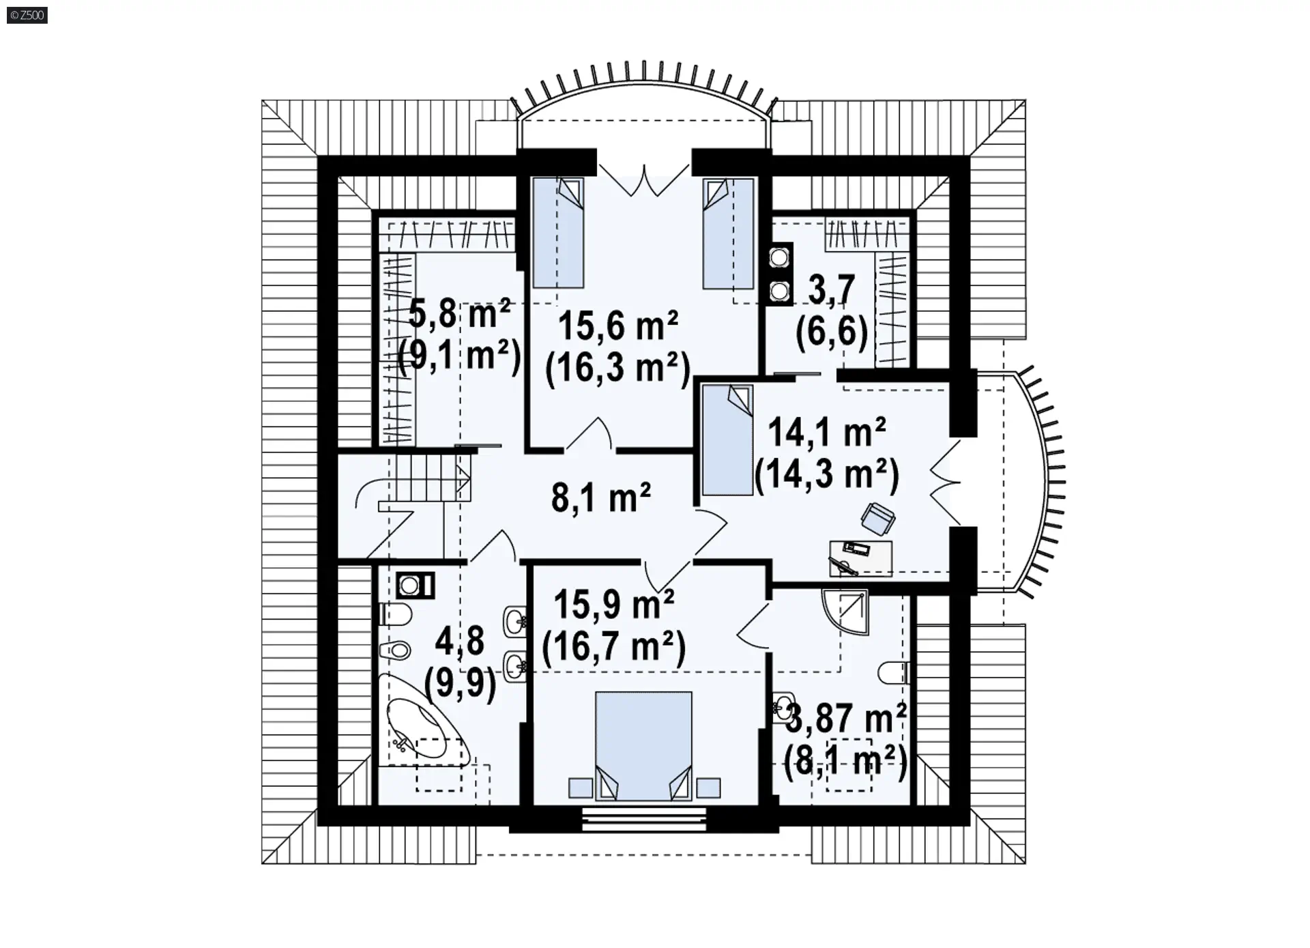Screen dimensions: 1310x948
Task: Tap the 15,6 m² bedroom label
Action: coord(618,326)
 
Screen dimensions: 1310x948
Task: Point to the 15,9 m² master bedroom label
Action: coord(614,604)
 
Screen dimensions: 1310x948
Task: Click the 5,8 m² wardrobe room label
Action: coord(459,315)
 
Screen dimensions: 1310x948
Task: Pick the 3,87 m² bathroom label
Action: coord(846,718)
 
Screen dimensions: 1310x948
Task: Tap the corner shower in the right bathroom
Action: coord(845,612)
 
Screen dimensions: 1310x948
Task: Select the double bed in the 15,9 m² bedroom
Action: coord(643,746)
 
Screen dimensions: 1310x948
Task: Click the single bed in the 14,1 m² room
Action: coord(727,440)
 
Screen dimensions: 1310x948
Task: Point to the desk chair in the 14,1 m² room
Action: coord(878,519)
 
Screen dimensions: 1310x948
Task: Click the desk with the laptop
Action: coord(860,558)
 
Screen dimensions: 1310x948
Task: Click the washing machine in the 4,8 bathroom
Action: coord(415,585)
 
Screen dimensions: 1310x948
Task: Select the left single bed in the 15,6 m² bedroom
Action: coord(558,233)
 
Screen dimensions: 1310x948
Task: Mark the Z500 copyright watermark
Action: coord(27,14)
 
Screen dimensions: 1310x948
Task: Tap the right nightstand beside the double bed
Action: coord(709,788)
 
